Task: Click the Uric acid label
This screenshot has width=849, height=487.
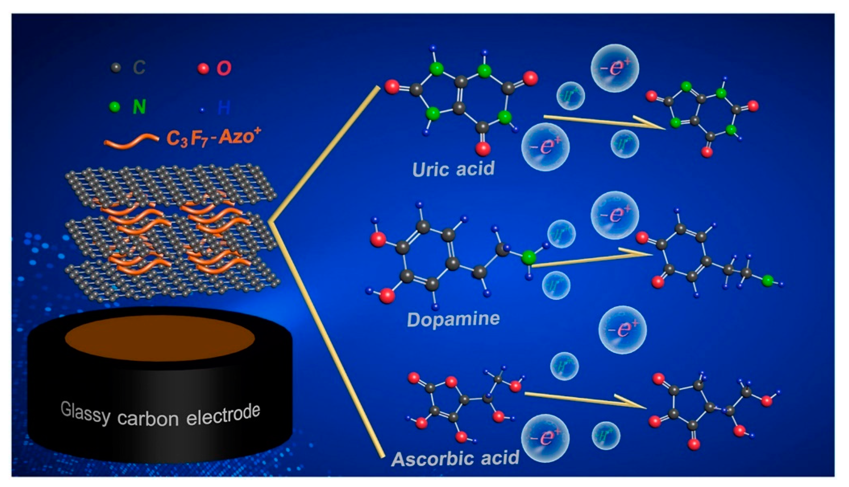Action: tap(453, 169)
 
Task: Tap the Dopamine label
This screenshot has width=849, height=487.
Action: tap(453, 320)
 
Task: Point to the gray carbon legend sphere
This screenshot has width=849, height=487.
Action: tap(115, 68)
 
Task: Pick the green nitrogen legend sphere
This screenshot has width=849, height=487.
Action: tap(115, 107)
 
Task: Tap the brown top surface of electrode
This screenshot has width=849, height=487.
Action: tap(160, 338)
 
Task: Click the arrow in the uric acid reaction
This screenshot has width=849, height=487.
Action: tap(602, 122)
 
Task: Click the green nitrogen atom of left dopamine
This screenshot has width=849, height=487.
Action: tap(528, 258)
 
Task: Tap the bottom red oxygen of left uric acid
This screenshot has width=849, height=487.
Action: tap(483, 149)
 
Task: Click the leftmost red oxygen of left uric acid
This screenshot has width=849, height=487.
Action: tap(391, 87)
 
